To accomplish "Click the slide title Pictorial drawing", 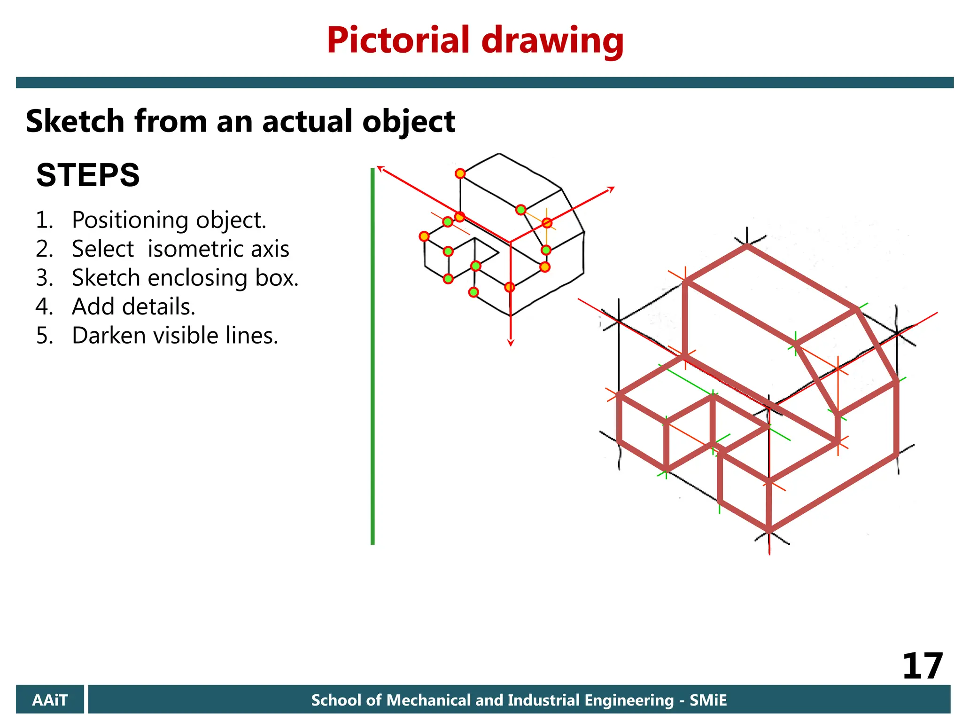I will pyautogui.click(x=475, y=41).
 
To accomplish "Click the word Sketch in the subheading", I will pyautogui.click(x=75, y=121).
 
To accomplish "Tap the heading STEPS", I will pyautogui.click(x=88, y=175).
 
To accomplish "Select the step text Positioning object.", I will pyautogui.click(x=169, y=220).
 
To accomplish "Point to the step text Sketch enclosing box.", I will pyautogui.click(x=185, y=278).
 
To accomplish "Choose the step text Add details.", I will pyautogui.click(x=133, y=306).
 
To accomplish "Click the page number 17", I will pyautogui.click(x=922, y=666).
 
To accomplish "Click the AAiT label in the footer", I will pyautogui.click(x=50, y=700).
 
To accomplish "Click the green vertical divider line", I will pyautogui.click(x=372, y=357).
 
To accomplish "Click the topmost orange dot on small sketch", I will pyautogui.click(x=460, y=173).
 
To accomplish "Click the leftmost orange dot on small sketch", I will pyautogui.click(x=424, y=236).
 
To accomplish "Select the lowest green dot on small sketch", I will pyautogui.click(x=473, y=292).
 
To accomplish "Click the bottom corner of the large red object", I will pyautogui.click(x=769, y=530).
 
